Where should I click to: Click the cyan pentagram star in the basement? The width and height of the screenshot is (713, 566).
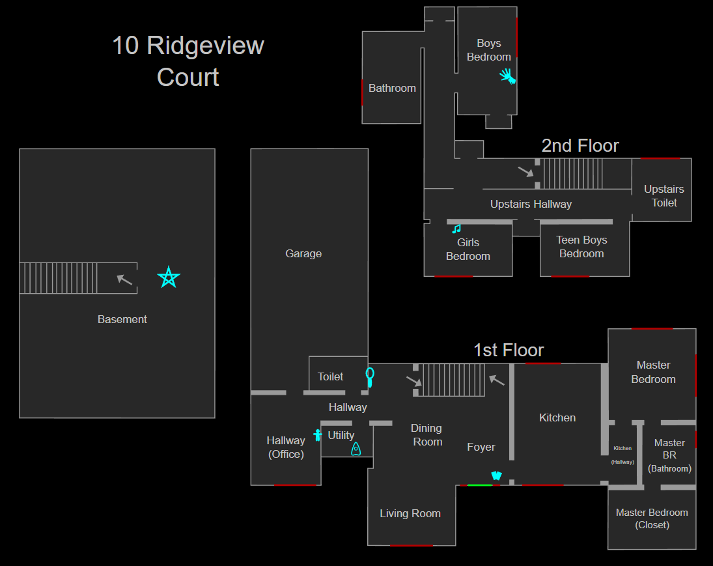(x=169, y=278)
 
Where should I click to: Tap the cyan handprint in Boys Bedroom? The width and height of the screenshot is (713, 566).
(x=507, y=76)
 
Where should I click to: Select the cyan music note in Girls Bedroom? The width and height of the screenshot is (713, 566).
(x=456, y=229)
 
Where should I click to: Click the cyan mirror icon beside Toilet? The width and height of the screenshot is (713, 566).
(x=370, y=376)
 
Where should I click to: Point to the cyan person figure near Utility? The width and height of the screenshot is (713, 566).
(x=318, y=435)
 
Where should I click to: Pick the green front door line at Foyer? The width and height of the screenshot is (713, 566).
(x=480, y=485)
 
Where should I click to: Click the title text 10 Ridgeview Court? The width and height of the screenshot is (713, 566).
(x=188, y=61)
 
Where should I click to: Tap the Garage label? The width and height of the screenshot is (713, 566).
(x=303, y=253)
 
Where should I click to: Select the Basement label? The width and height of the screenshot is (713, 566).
(x=122, y=319)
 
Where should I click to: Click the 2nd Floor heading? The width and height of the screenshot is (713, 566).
(x=580, y=145)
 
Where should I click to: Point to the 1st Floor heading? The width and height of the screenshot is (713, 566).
(x=509, y=350)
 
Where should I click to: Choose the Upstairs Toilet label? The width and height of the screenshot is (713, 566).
(x=664, y=196)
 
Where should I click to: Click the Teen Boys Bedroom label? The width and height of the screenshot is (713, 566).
(x=581, y=247)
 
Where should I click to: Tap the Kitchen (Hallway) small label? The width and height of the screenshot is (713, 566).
(x=622, y=455)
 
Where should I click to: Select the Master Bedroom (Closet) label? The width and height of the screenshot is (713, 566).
(x=652, y=518)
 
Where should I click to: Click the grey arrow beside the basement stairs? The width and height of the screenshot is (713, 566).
(x=124, y=279)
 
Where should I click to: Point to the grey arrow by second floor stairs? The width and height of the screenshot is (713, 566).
(x=525, y=172)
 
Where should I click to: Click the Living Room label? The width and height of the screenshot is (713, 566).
(x=410, y=513)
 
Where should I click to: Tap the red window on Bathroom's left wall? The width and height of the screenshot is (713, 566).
(x=362, y=92)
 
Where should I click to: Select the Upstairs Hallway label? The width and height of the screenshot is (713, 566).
(x=531, y=204)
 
